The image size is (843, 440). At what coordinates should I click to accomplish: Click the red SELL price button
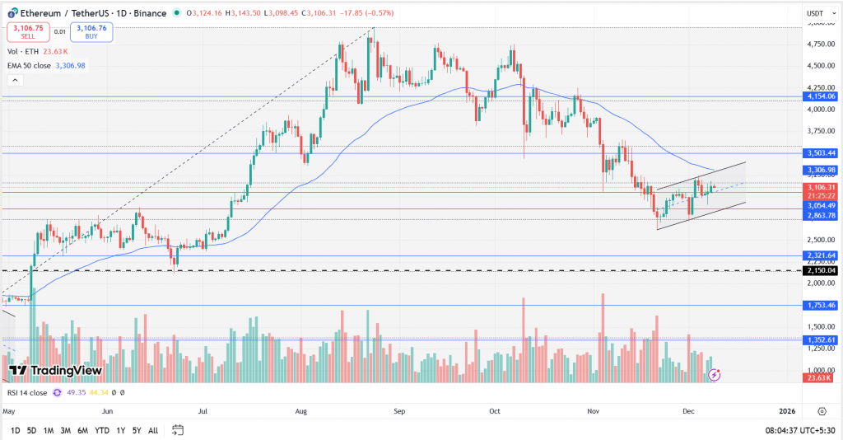(x=26, y=32)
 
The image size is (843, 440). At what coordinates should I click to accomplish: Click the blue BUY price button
(x=91, y=32)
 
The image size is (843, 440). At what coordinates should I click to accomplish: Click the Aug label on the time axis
(x=300, y=410)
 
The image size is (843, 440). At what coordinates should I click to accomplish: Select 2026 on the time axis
(x=787, y=410)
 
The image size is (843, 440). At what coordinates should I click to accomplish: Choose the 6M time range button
(x=83, y=430)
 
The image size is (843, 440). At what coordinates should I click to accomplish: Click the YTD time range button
(x=103, y=430)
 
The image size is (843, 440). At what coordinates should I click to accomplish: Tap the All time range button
(x=153, y=430)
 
